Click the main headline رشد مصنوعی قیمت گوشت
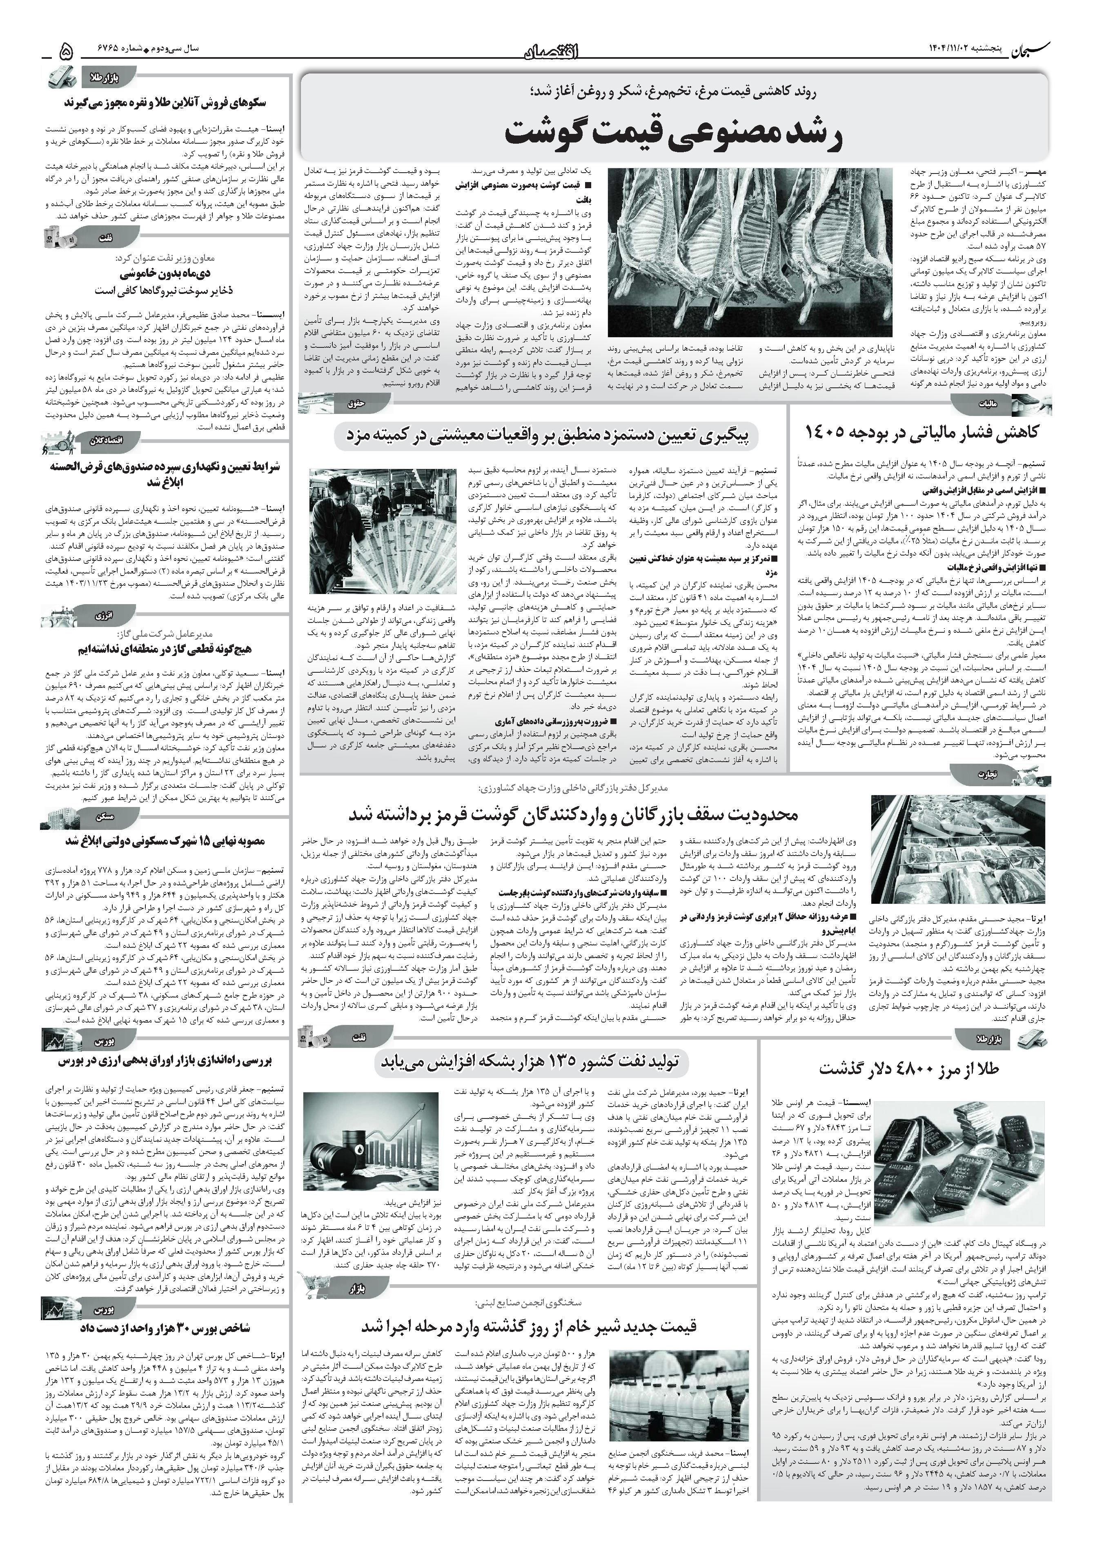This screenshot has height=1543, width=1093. point(672,133)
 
